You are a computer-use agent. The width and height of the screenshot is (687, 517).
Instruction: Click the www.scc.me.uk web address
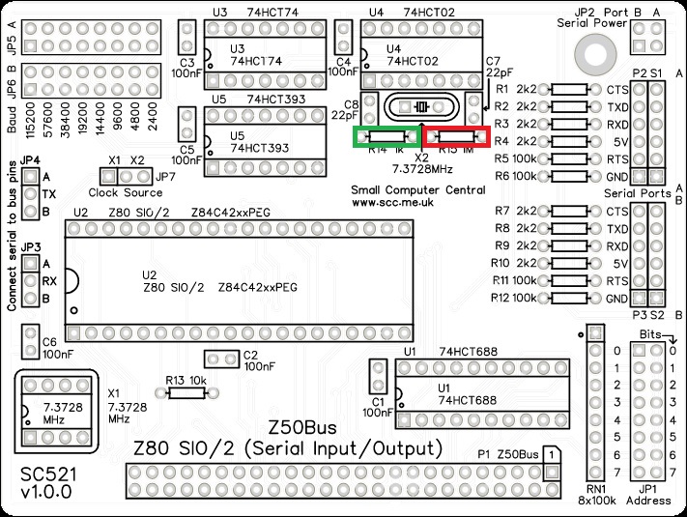[391, 204]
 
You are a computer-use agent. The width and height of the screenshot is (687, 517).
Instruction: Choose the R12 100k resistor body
[571, 298]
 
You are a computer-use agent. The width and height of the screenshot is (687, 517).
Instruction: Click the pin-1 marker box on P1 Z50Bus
[550, 453]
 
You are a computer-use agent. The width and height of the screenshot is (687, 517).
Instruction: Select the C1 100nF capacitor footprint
[381, 380]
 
